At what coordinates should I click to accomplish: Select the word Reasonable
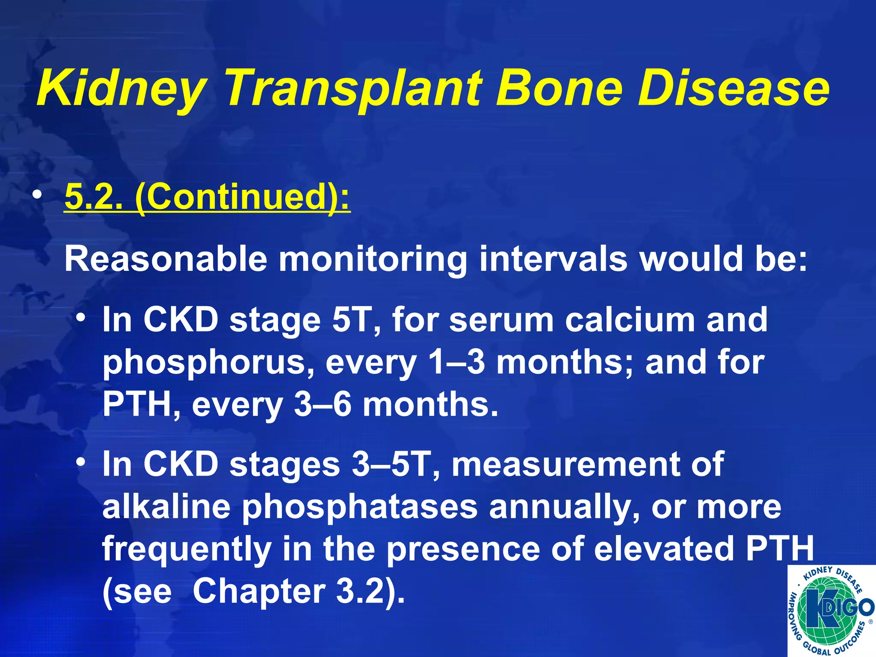coord(166,259)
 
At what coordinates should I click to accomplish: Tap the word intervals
coord(553,259)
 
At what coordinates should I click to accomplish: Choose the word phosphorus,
coord(208,363)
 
